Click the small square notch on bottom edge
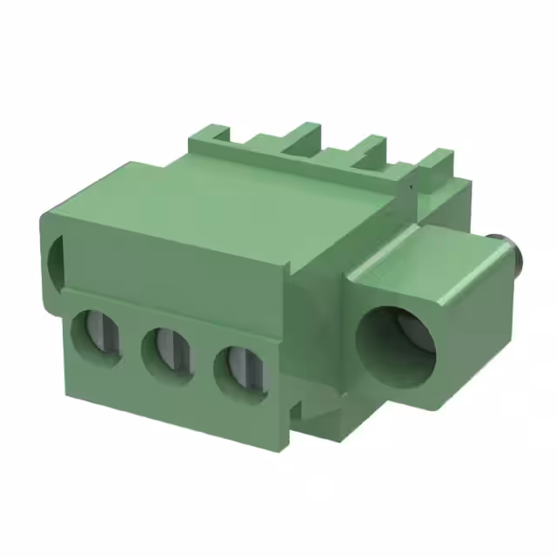coord(296,407)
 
